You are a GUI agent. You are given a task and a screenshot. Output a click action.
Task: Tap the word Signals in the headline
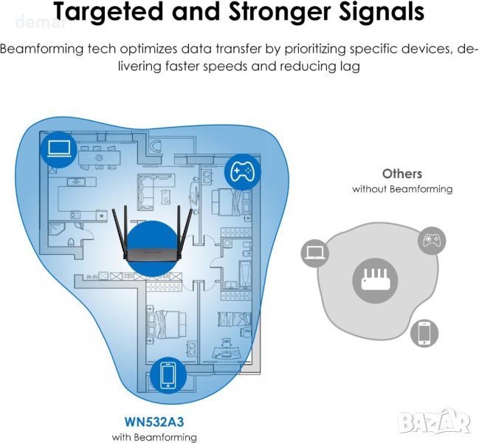click(374, 13)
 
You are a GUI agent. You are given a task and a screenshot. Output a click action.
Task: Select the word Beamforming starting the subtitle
click(41, 50)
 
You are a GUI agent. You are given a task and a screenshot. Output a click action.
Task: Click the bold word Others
click(402, 174)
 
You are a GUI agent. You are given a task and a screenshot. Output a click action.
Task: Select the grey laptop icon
click(314, 253)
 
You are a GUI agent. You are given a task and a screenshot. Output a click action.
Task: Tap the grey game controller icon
click(431, 241)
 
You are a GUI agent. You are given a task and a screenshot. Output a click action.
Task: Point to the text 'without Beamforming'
click(402, 189)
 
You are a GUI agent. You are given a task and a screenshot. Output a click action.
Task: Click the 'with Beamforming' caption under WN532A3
click(154, 437)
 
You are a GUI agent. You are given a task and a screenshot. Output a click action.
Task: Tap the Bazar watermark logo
click(443, 422)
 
